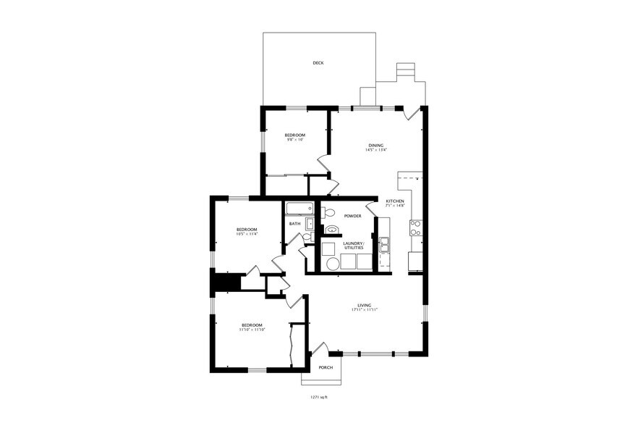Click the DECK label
click(x=318, y=63)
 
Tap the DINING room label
click(x=376, y=145)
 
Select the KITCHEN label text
click(x=394, y=201)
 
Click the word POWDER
click(x=352, y=216)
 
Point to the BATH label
click(x=294, y=224)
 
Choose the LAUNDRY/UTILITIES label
click(x=353, y=246)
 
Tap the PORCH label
click(x=326, y=367)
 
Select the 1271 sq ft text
click(x=318, y=398)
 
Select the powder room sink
click(x=332, y=230)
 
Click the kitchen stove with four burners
click(x=415, y=228)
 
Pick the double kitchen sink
click(x=385, y=245)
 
